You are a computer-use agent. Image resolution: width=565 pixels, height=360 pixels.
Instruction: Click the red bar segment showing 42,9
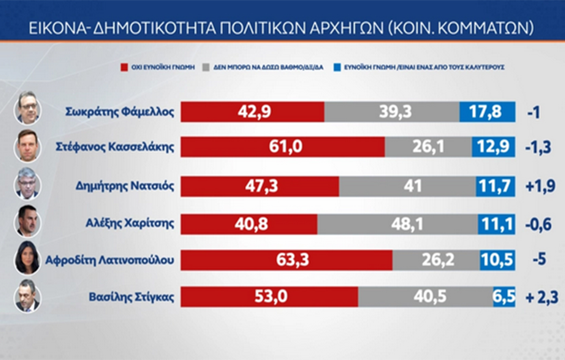click(252, 112)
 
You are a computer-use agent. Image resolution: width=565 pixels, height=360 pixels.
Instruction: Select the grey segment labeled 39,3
click(392, 112)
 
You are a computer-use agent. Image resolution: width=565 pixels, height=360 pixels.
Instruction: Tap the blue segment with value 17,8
click(487, 112)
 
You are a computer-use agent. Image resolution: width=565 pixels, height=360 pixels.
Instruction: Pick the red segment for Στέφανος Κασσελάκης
click(283, 147)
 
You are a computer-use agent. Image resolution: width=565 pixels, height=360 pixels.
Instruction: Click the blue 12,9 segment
click(493, 147)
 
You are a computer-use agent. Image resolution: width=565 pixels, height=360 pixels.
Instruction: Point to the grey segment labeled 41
click(407, 186)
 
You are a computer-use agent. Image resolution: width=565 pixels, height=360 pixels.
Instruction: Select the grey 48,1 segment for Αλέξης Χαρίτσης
click(398, 224)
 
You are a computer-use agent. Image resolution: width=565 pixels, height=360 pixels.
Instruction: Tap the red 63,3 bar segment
click(287, 260)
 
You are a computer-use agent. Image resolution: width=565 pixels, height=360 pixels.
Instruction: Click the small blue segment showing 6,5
click(504, 297)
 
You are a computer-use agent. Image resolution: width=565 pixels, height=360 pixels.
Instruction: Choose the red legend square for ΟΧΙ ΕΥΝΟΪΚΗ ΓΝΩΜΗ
click(124, 68)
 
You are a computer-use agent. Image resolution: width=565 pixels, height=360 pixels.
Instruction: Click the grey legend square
click(206, 68)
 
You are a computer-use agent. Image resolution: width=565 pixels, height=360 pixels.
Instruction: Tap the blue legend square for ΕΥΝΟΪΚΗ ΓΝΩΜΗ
click(337, 68)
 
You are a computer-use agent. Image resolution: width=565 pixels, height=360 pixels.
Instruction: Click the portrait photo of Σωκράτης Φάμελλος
click(27, 108)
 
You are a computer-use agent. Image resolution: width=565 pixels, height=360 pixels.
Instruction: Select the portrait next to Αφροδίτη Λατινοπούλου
click(27, 258)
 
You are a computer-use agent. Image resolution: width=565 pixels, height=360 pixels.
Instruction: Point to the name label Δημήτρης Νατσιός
click(125, 186)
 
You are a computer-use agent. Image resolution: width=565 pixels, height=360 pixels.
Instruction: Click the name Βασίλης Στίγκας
click(131, 297)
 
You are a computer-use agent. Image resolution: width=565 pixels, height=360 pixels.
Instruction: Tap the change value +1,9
click(540, 186)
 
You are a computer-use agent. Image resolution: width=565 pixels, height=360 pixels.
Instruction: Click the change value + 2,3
click(542, 297)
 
